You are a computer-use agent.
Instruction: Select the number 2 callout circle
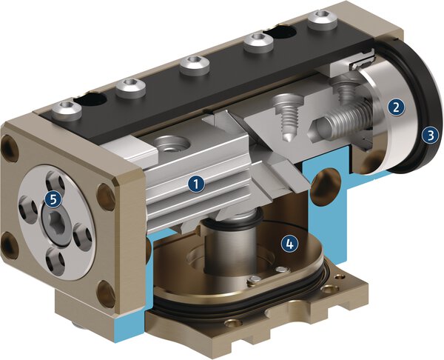coord(397,106)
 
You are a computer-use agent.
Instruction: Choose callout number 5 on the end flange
coord(51,199)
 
